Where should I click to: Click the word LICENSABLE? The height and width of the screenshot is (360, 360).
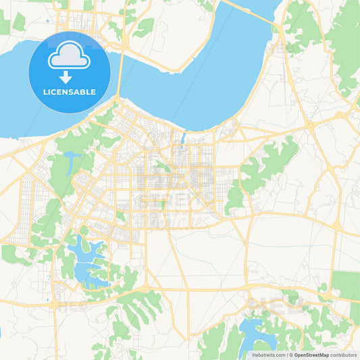[x=69, y=91]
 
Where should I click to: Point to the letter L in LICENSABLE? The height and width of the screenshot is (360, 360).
[x=45, y=91]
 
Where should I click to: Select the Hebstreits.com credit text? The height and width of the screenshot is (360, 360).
[x=269, y=355]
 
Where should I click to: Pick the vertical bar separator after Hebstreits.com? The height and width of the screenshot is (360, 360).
[x=287, y=355]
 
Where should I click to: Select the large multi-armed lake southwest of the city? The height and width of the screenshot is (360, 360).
[x=88, y=260]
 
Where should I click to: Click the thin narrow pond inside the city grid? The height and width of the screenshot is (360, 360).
[x=182, y=139]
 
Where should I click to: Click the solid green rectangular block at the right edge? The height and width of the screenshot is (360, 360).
[x=349, y=284]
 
